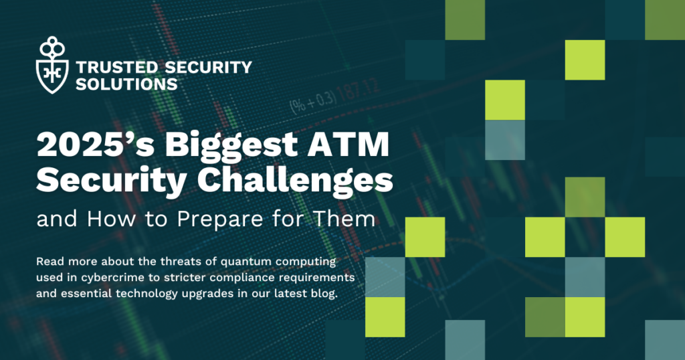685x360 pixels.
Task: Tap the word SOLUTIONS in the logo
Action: coord(127,84)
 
